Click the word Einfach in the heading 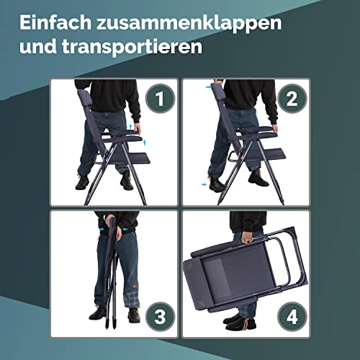55,22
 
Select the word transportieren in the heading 132,47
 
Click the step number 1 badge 160,99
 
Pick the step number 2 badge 292,99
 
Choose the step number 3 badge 160,317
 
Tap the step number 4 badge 292,317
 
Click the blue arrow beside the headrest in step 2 208,87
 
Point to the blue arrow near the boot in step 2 204,184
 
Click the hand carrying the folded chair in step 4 246,238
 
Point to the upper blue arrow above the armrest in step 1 130,127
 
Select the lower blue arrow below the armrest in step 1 145,143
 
